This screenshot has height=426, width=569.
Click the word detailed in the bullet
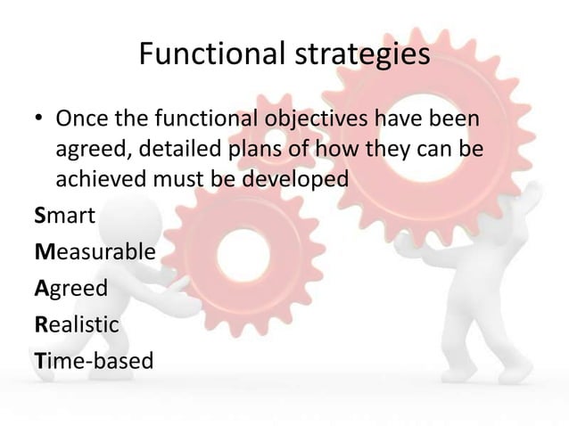178,149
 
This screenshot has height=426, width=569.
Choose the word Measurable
95,252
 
